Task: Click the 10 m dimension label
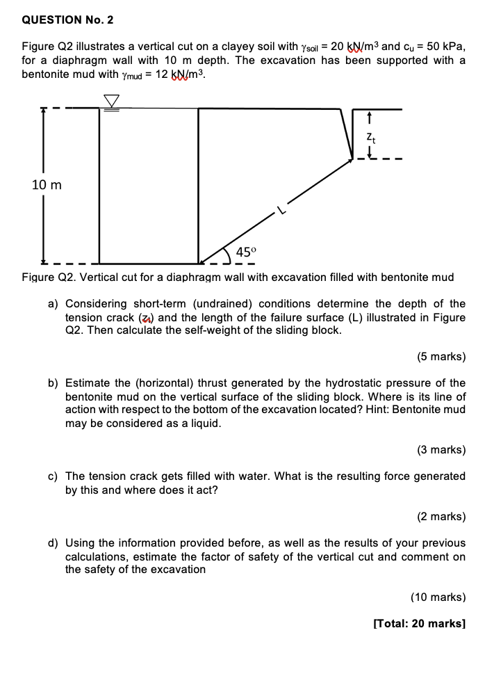point(47,185)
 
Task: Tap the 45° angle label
point(246,252)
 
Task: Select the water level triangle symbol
point(111,102)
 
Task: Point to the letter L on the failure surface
point(281,208)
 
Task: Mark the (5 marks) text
point(441,357)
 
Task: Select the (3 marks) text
point(441,449)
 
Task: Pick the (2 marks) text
point(441,517)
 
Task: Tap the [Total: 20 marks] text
point(419,624)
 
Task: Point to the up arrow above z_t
point(370,118)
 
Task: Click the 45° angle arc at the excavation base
point(227,255)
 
